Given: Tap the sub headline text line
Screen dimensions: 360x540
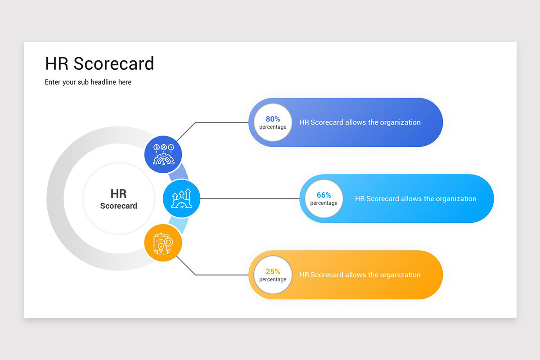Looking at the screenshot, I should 88,82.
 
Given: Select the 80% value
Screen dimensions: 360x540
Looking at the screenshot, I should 273,119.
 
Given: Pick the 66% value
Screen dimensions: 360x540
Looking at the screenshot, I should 324,195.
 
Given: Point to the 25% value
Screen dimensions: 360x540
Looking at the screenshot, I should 273,271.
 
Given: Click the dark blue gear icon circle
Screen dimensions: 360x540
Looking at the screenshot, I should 163,154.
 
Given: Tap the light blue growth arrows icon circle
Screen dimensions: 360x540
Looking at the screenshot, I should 181,198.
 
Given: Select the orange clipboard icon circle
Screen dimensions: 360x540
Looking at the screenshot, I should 163,243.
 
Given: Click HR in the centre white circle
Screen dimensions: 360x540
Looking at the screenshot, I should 118,193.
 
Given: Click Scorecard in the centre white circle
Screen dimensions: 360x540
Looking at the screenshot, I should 118,206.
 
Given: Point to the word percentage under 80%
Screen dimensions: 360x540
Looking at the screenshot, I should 273,127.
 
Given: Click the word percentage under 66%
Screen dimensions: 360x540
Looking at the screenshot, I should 324,203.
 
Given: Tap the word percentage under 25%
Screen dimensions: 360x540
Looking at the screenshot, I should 273,279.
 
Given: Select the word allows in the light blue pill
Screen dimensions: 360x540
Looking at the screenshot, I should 411,198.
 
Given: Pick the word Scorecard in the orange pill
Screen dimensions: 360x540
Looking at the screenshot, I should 327,274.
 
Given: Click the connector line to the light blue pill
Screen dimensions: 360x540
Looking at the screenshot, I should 250,198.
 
